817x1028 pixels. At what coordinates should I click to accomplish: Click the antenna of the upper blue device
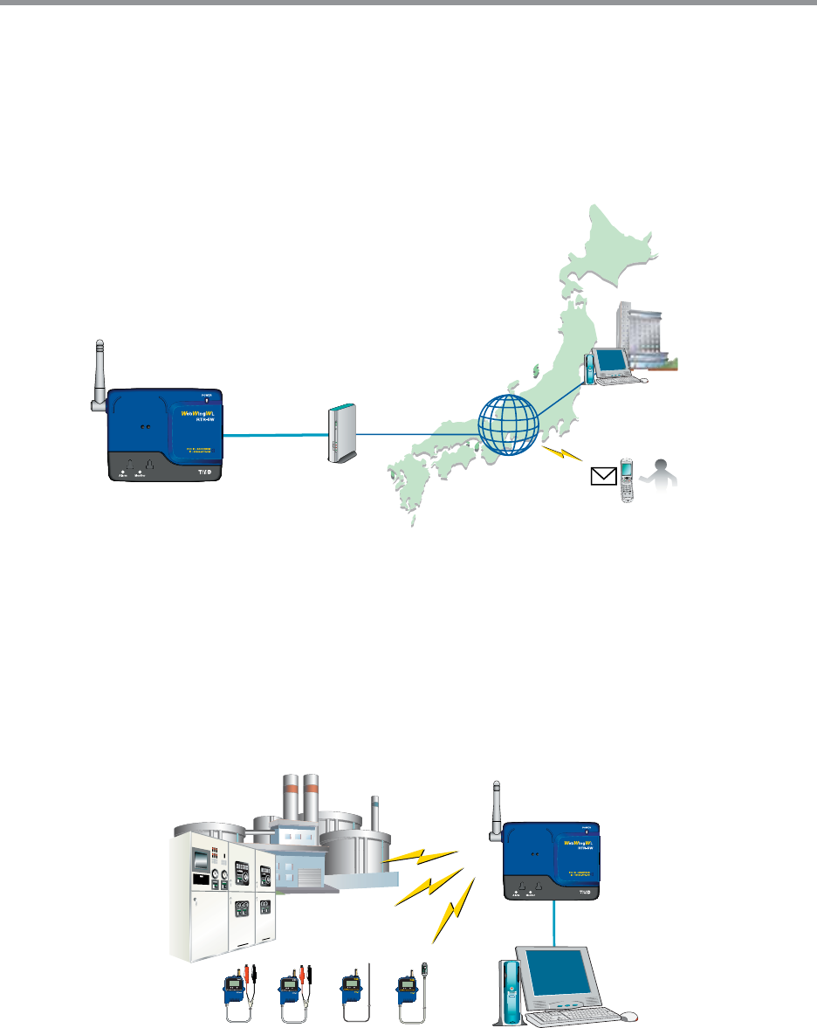pos(98,375)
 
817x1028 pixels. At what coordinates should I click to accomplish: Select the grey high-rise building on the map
pos(642,335)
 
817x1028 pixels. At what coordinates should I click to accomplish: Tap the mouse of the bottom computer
pos(630,1017)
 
